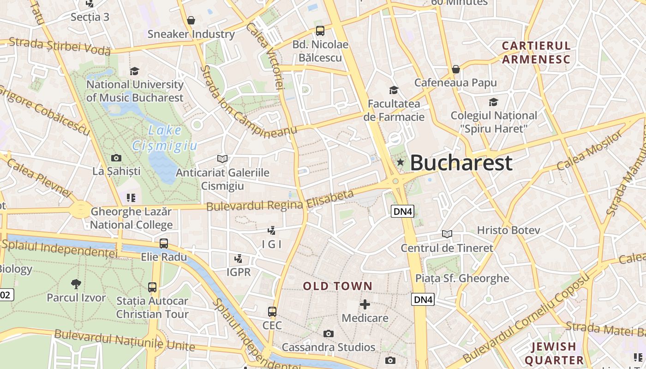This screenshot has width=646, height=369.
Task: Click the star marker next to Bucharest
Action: point(400,162)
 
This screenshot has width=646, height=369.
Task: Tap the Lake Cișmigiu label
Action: point(165,138)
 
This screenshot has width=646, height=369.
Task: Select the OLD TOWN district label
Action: point(337,286)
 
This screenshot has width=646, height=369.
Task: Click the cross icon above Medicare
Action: point(365,304)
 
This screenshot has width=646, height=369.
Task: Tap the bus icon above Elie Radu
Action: point(164,243)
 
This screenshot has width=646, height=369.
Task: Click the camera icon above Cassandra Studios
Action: point(328,333)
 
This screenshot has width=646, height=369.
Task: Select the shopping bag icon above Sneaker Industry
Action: point(191,20)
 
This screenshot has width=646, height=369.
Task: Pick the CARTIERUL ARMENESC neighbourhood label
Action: point(536,53)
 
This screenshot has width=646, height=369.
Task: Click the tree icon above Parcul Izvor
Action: point(76,284)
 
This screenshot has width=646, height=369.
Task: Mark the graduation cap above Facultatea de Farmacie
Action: point(394,90)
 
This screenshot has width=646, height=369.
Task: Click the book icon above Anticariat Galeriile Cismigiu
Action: point(222,159)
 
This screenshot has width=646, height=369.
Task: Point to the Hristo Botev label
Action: point(508,230)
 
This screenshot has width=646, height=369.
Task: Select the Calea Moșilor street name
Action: point(590,150)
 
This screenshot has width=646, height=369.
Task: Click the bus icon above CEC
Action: point(272,312)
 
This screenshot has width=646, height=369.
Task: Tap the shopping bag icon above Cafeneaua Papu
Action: point(456,69)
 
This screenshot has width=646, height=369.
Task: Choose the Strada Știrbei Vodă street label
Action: point(60,46)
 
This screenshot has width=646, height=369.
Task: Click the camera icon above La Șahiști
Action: point(116,158)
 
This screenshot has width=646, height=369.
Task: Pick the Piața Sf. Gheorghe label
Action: point(462,278)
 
